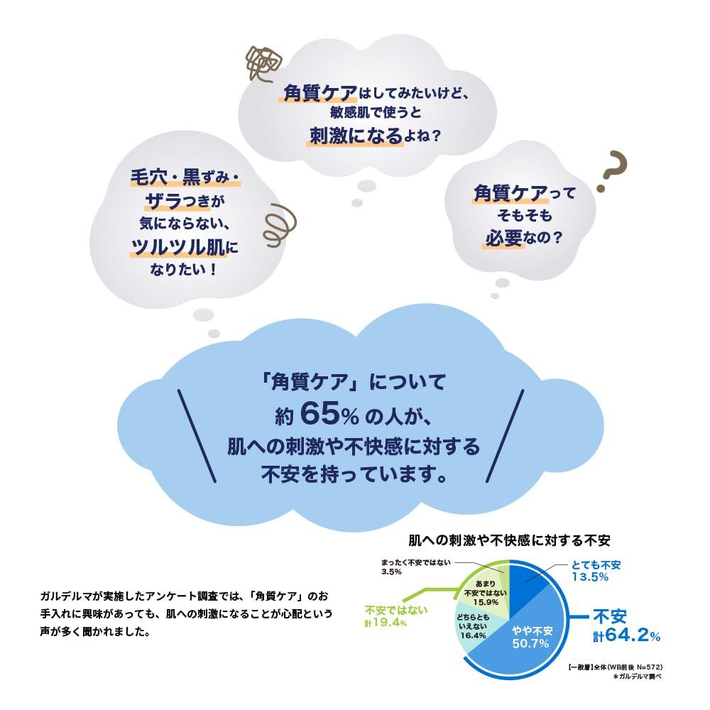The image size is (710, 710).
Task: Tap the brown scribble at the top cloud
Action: click(263, 64)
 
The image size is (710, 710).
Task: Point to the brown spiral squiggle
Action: click(279, 225)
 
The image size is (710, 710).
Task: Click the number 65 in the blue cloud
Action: click(319, 414)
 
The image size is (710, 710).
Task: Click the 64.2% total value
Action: click(627, 635)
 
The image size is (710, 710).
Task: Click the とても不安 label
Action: click(596, 564)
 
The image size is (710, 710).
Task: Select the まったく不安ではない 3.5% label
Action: click(415, 567)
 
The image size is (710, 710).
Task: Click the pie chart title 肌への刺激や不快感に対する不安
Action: click(509, 540)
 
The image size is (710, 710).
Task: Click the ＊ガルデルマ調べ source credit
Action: click(637, 677)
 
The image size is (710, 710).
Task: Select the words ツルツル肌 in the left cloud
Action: click(177, 247)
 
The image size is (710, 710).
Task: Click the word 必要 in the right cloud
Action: click(503, 238)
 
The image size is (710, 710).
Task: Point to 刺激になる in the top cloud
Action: click(356, 136)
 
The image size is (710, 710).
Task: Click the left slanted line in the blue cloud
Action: click(197, 436)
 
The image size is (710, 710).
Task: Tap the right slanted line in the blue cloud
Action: click(505, 436)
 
